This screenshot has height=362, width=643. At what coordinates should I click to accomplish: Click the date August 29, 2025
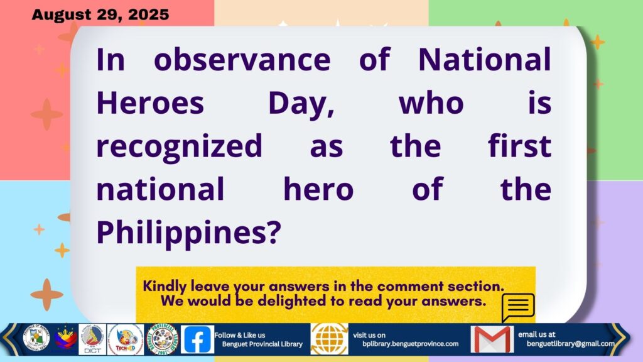tap(100, 15)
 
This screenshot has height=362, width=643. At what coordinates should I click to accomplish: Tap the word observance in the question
tap(242, 60)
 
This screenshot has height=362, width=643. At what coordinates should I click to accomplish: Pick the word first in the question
tap(519, 145)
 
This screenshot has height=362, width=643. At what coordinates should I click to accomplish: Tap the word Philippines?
tap(188, 233)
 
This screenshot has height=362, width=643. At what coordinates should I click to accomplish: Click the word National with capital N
tap(485, 60)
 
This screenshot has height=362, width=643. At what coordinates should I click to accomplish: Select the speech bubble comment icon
tap(518, 307)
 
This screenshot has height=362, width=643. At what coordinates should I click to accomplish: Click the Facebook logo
tap(197, 339)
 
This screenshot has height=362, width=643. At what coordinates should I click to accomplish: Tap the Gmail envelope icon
tap(492, 339)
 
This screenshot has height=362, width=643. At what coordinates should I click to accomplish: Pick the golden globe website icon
tap(329, 339)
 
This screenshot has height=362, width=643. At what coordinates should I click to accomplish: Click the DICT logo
tap(92, 339)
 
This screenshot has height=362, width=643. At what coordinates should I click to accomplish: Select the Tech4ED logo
tap(126, 339)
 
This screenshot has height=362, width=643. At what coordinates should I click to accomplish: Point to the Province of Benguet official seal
tap(36, 339)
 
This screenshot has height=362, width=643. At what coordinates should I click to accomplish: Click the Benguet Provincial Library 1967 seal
tap(163, 339)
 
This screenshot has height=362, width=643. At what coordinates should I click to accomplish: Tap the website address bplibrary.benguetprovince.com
tap(411, 344)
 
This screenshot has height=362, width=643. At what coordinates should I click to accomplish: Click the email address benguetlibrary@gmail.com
tap(570, 344)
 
